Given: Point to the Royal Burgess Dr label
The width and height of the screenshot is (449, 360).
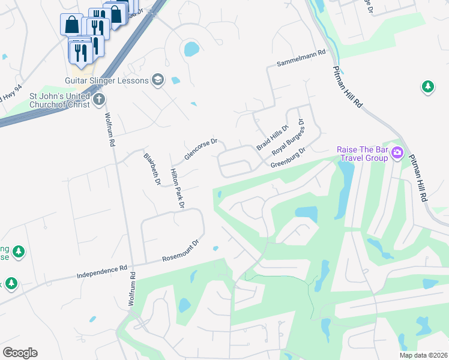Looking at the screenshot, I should tap(289, 138).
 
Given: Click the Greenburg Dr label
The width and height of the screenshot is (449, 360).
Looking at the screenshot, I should tap(288, 158).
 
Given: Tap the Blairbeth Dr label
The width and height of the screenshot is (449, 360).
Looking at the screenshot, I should tap(152, 169).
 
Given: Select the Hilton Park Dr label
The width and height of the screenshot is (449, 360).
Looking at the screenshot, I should tap(177, 188).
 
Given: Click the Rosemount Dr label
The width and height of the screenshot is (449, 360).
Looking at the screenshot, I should tap(181, 252).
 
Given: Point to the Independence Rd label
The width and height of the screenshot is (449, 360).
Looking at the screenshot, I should tap(102, 272).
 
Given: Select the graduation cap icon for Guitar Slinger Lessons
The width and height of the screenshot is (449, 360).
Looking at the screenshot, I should tap(158, 80).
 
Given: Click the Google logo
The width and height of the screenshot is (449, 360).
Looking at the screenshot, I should tap(20, 353).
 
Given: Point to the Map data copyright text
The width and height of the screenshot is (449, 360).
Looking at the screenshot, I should tap(423, 355).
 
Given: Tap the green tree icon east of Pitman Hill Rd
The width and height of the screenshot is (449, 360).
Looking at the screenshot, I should tap(427, 87).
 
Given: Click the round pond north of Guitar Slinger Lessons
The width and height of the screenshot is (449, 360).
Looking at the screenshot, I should tap(191, 49).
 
